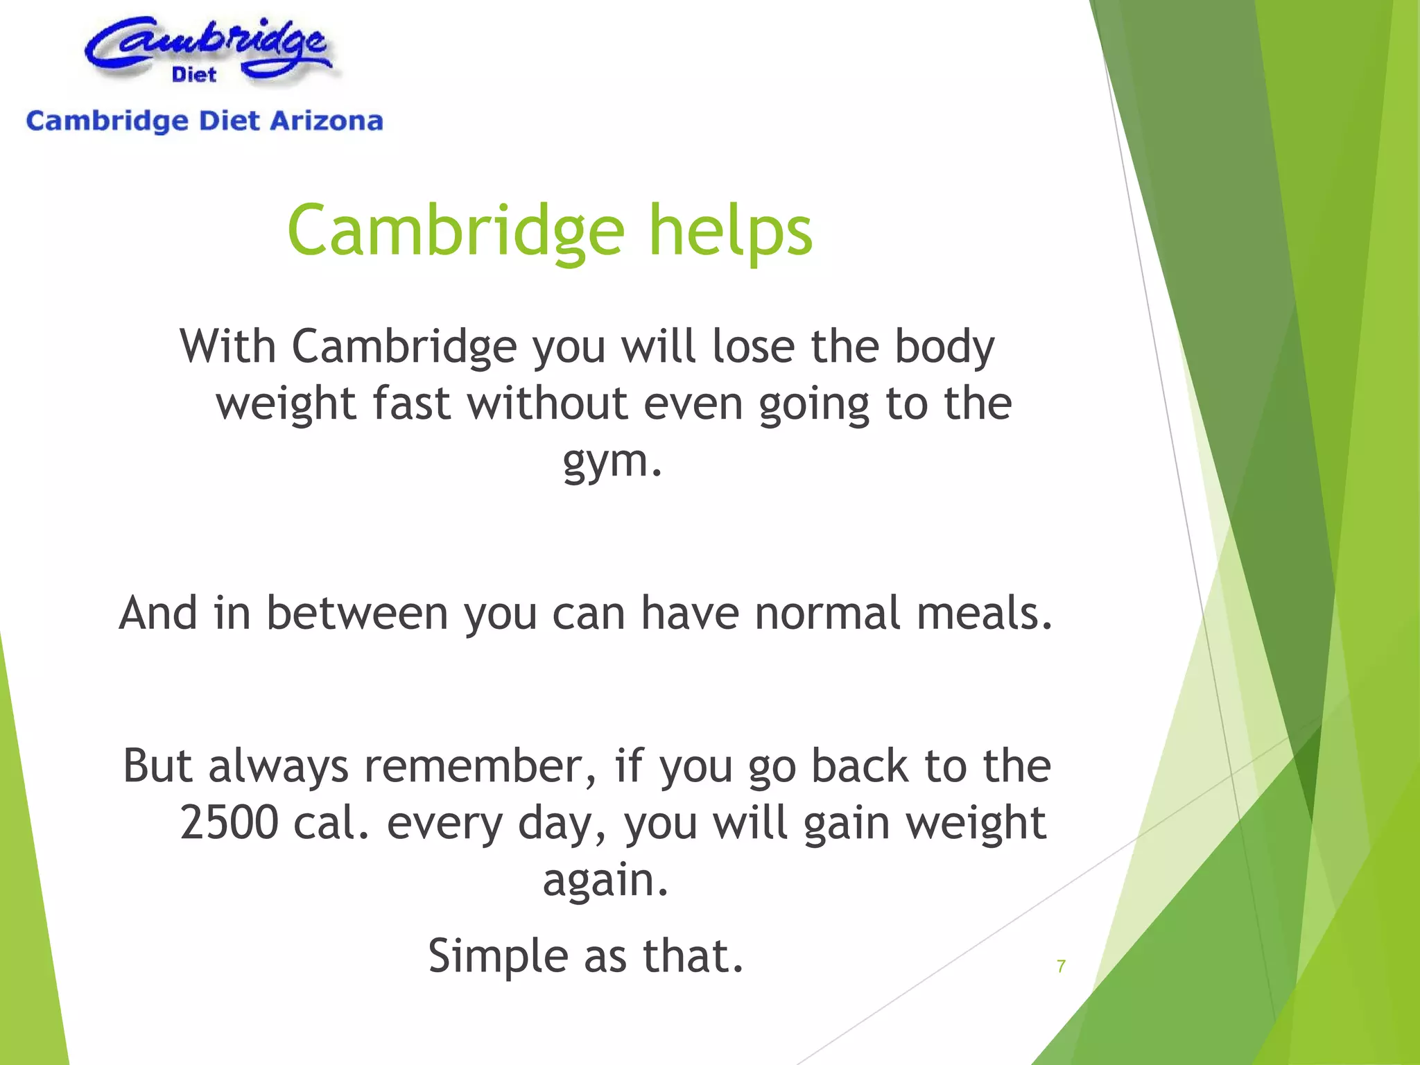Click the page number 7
click(1061, 966)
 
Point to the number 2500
click(229, 823)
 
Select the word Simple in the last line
click(497, 956)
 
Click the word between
click(357, 614)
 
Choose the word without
click(547, 404)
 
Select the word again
click(605, 880)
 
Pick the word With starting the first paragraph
click(228, 346)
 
